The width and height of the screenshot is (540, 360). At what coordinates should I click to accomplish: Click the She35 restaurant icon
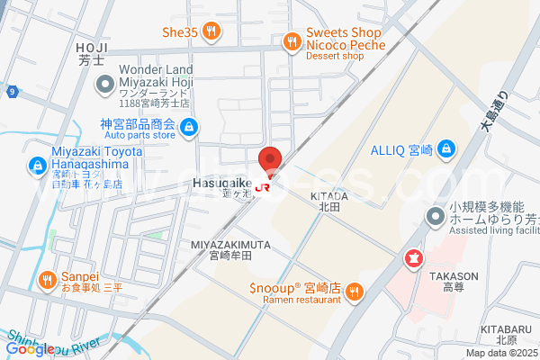point(211,32)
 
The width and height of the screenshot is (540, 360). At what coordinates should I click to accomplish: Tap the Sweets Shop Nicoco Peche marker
point(292,40)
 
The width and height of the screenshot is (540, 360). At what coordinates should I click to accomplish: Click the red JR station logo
point(264,187)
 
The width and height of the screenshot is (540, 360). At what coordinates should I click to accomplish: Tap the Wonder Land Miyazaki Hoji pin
point(103,84)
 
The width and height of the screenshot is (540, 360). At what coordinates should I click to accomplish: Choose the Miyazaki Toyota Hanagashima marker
point(37,166)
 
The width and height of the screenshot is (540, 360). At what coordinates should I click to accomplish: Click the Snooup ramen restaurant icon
point(355,290)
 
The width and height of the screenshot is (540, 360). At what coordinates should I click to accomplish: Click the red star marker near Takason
point(414,260)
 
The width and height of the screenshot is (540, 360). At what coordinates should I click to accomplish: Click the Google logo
point(31,349)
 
